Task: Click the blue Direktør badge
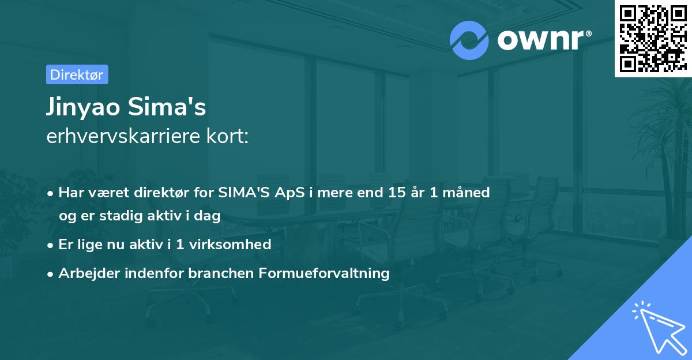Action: (x=77, y=74)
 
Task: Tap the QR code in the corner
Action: (x=653, y=38)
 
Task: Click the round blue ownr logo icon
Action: (x=469, y=39)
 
